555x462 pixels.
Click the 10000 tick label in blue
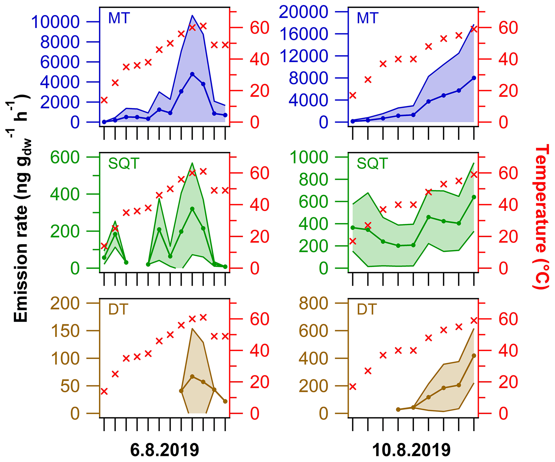click(56, 22)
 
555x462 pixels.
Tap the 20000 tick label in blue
click(303, 12)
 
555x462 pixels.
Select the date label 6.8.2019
click(165, 450)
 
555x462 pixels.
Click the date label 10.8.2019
click(411, 450)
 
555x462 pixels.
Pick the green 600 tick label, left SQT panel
click(65, 157)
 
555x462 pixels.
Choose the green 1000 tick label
click(309, 157)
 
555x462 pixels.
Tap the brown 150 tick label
click(65, 331)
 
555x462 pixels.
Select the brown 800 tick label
click(313, 303)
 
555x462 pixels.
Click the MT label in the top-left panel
click(119, 18)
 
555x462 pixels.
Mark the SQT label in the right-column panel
click(372, 163)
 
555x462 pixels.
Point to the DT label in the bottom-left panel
click(118, 309)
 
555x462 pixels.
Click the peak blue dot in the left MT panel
click(192, 74)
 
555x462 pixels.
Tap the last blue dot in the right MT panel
click(474, 78)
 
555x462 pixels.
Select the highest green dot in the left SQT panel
click(192, 209)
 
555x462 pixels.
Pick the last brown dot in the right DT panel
click(474, 356)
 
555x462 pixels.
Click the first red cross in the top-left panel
click(104, 100)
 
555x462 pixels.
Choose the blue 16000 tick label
click(303, 34)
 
